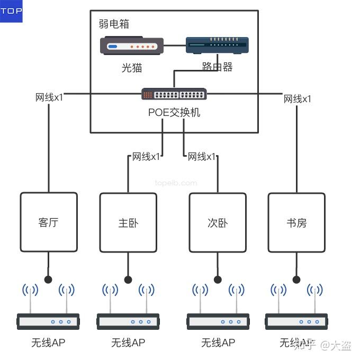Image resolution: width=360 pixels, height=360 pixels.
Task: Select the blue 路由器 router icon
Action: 217,46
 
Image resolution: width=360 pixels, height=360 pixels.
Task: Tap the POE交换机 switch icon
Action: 174,94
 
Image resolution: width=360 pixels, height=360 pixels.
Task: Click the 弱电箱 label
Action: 114,24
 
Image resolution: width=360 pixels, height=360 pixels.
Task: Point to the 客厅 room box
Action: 49,222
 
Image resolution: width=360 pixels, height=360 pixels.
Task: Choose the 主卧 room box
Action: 128,222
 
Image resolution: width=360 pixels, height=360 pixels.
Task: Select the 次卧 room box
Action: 218,222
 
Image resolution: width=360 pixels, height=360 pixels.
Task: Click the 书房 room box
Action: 296,222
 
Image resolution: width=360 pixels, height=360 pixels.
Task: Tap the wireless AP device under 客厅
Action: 48,321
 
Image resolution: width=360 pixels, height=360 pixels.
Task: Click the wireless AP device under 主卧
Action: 128,321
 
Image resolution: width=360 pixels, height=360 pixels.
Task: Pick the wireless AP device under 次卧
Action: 218,321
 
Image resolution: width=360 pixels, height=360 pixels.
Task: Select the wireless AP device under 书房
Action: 296,321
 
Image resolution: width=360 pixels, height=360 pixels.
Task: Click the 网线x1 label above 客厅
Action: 49,97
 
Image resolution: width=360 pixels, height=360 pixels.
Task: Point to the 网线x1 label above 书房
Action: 298,99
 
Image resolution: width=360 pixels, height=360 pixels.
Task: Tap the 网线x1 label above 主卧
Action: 146,157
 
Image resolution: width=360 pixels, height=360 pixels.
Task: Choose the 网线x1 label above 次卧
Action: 202,157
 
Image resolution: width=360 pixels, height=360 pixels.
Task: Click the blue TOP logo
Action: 11,11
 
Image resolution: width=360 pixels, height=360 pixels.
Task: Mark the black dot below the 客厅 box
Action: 49,280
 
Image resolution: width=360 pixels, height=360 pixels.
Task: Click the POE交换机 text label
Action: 174,112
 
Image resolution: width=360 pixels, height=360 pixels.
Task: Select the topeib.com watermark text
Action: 176,183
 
